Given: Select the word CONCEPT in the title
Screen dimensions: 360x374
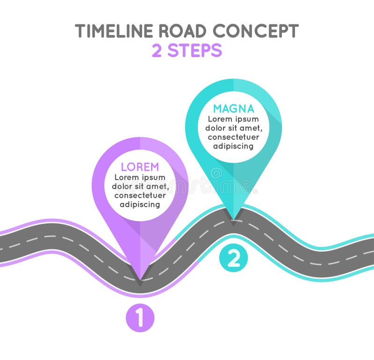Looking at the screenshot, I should pyautogui.click(x=255, y=31).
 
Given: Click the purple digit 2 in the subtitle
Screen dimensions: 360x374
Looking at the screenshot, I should pyautogui.click(x=157, y=50).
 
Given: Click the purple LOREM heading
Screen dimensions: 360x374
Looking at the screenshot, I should pyautogui.click(x=140, y=167).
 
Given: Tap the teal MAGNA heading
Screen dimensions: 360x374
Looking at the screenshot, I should pyautogui.click(x=233, y=108).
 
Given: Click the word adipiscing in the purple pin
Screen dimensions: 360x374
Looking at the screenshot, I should pyautogui.click(x=140, y=204).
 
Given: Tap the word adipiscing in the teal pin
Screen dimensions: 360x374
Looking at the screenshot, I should pyautogui.click(x=233, y=146).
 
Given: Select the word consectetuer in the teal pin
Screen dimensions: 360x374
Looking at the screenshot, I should pyautogui.click(x=233, y=137).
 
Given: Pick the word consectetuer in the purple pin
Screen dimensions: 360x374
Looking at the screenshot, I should pyautogui.click(x=140, y=195).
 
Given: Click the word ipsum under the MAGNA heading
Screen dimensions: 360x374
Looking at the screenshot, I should pyautogui.click(x=247, y=119).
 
